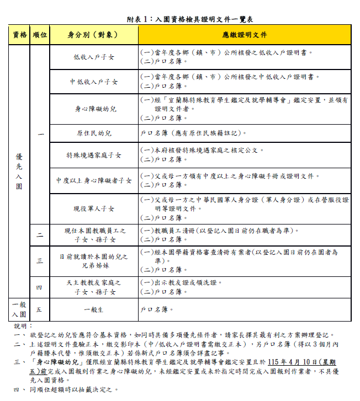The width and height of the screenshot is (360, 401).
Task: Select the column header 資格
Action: point(19,35)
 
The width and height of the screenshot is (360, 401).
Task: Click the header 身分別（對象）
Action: point(94,35)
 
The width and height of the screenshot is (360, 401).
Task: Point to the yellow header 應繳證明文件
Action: point(244,35)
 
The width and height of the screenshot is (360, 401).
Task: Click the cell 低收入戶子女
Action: point(94,57)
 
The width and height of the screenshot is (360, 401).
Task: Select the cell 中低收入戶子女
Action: point(94,82)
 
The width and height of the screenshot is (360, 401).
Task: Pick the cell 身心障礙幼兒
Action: point(94,109)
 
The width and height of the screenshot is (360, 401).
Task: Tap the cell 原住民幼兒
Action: point(94,133)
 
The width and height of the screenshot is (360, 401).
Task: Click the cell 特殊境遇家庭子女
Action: point(94,156)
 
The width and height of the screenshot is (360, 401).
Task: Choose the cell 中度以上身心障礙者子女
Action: point(94,180)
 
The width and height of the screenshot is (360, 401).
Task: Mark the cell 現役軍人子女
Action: point(94,209)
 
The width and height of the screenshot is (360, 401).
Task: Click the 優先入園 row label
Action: point(19,171)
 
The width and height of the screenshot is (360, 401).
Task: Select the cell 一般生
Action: point(94,310)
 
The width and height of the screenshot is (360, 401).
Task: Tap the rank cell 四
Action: point(40,287)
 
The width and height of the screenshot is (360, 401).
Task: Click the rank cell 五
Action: point(40,310)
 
